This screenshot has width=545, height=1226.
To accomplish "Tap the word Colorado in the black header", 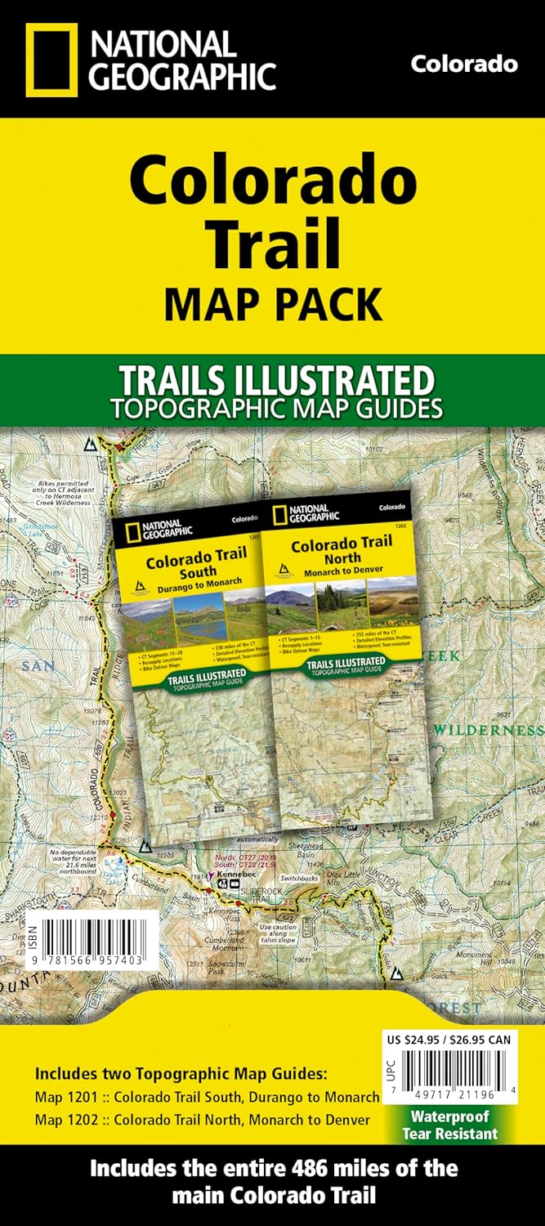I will (x=463, y=64).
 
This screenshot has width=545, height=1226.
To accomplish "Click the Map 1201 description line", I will (x=206, y=1097).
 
